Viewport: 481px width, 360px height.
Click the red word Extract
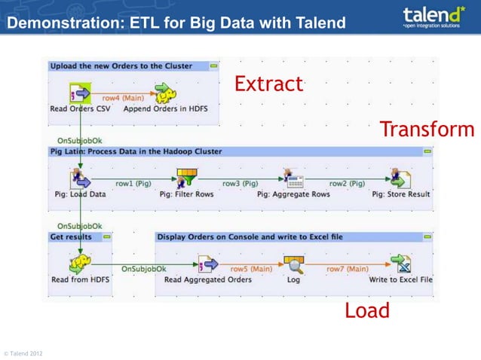[268, 84]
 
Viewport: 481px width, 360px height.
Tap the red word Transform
[427, 129]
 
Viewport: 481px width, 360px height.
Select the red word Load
[367, 310]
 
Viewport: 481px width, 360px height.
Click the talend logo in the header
[433, 16]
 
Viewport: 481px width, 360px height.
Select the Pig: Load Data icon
[80, 179]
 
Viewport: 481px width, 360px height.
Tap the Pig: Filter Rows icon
[186, 179]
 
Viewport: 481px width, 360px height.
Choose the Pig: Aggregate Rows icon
[293, 179]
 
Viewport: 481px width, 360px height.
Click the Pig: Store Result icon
[400, 179]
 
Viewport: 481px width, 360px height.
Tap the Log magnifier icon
[293, 264]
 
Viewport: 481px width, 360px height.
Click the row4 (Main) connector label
[123, 97]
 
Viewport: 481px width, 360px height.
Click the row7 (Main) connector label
[347, 268]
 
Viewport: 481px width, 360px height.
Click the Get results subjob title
[71, 236]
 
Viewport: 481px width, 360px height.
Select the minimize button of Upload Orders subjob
[214, 66]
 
